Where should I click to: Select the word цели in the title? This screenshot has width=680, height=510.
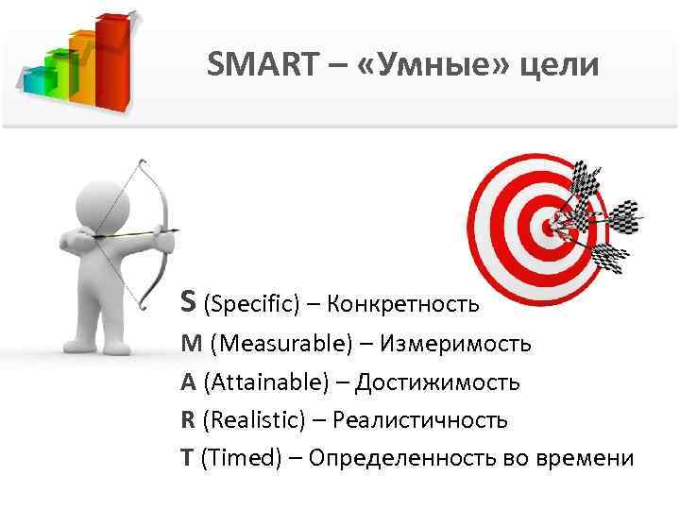pyautogui.click(x=561, y=66)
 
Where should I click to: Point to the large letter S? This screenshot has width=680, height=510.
pyautogui.click(x=189, y=300)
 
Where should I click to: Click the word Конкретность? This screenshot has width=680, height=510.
pyautogui.click(x=403, y=305)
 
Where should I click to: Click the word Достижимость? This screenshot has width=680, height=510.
pyautogui.click(x=437, y=382)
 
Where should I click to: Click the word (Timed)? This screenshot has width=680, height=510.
pyautogui.click(x=241, y=458)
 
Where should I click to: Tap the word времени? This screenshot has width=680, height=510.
pyautogui.click(x=587, y=458)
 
